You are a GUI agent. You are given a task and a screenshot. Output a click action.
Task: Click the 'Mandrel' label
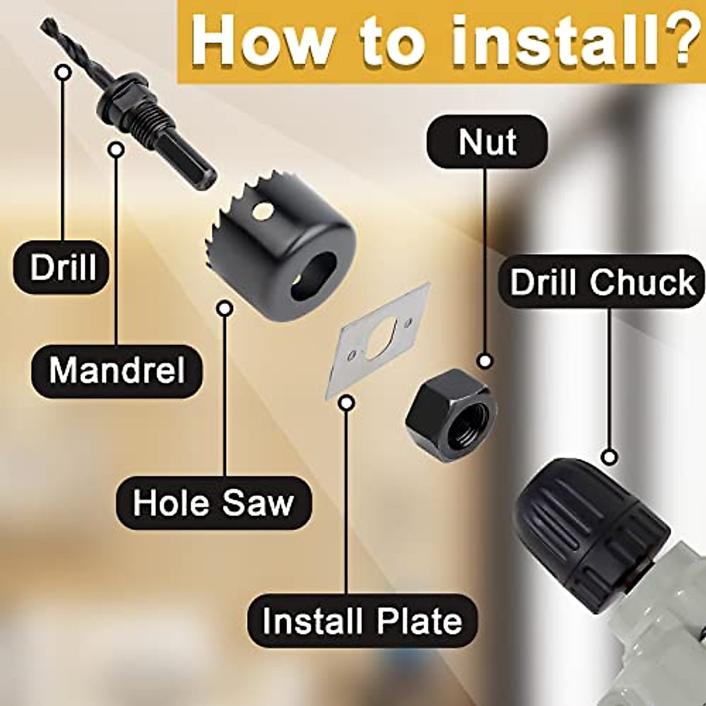click(117, 371)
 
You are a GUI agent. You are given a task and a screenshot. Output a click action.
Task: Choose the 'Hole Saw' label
click(213, 503)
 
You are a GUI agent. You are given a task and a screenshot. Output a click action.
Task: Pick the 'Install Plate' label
click(362, 621)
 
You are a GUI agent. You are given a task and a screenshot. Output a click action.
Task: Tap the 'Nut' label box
click(487, 142)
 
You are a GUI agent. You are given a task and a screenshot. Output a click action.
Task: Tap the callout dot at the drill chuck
click(610, 456)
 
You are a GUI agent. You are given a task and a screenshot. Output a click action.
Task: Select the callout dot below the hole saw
click(225, 308)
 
